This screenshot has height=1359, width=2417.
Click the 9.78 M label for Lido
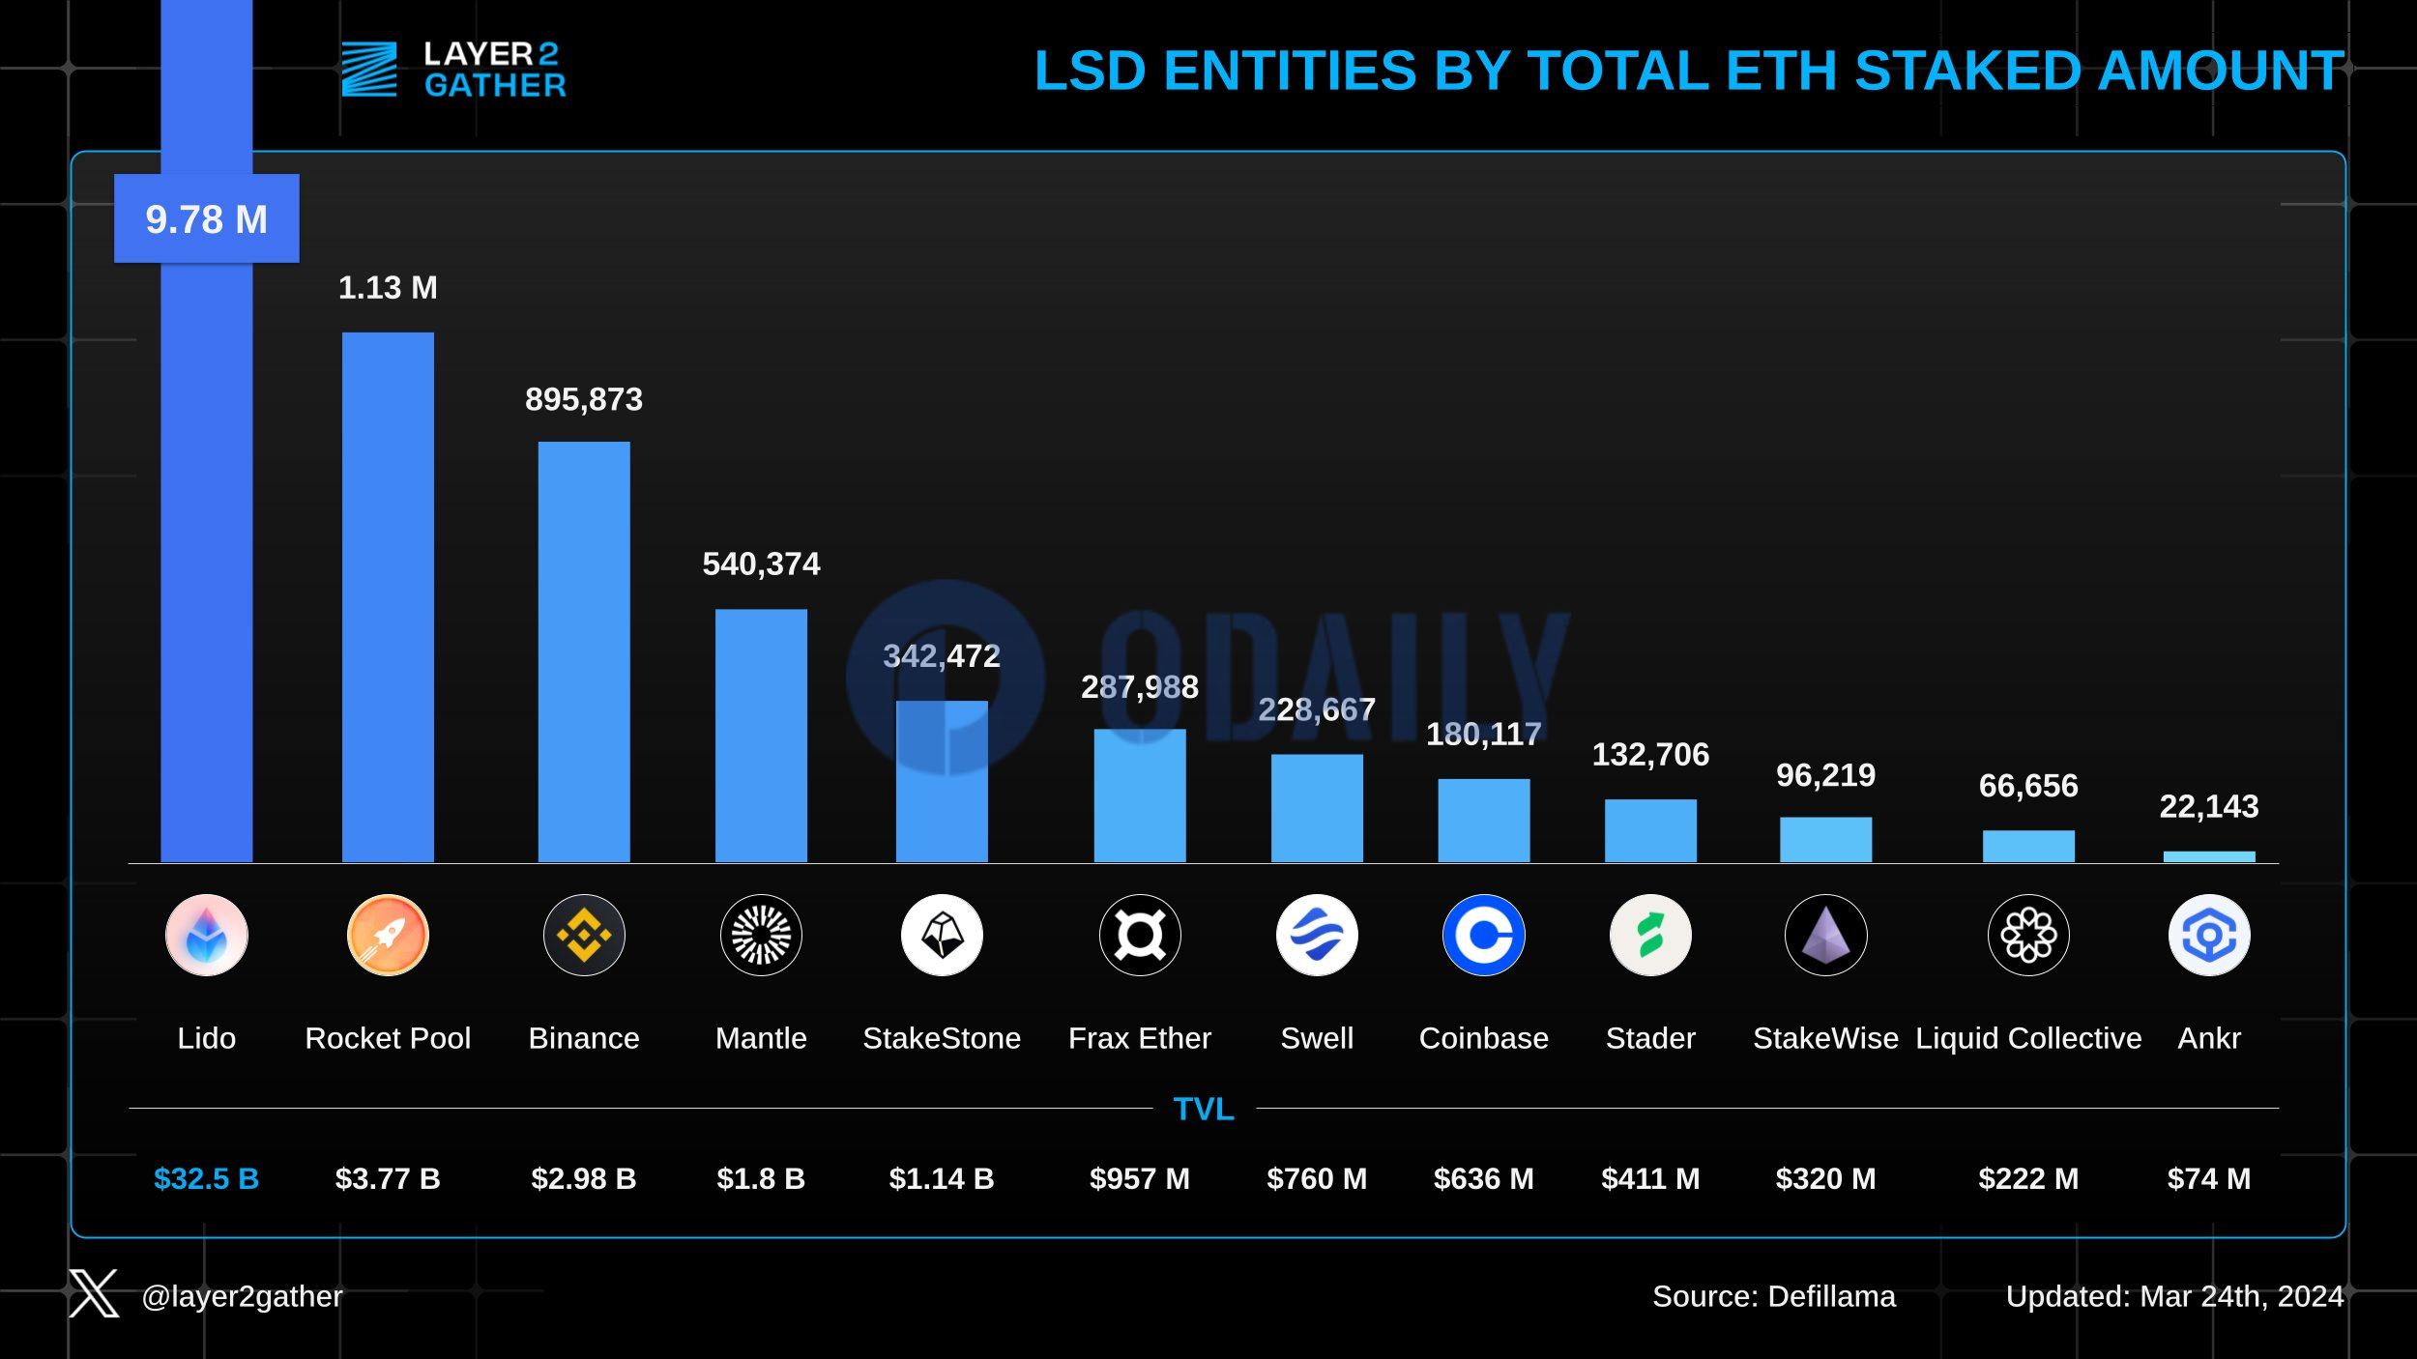click(x=206, y=219)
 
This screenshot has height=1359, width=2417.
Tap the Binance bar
click(x=584, y=651)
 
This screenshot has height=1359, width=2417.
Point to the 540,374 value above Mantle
click(x=761, y=564)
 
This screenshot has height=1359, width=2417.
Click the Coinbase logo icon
click(x=1483, y=935)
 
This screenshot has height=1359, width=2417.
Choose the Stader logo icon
click(x=1650, y=935)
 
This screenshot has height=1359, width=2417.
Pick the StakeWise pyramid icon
click(x=1825, y=935)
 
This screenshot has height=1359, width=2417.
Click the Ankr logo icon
click(x=2208, y=935)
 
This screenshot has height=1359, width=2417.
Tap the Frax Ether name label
click(x=1139, y=1038)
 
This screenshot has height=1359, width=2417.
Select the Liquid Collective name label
click(x=2028, y=1038)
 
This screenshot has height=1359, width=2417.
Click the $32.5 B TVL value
click(x=206, y=1178)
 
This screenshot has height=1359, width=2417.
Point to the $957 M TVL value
click(x=1139, y=1178)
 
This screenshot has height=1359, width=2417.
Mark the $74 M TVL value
click(x=2208, y=1178)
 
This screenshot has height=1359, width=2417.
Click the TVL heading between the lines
click(x=1204, y=1109)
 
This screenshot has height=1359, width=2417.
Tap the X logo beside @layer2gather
click(x=94, y=1293)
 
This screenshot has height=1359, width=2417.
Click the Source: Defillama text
click(x=1774, y=1296)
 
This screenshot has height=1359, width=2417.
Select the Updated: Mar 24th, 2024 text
click(x=2174, y=1296)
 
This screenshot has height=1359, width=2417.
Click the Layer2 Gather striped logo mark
click(x=369, y=70)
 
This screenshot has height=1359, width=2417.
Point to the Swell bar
click(x=1317, y=808)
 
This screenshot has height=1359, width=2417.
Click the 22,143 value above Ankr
click(x=2208, y=806)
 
